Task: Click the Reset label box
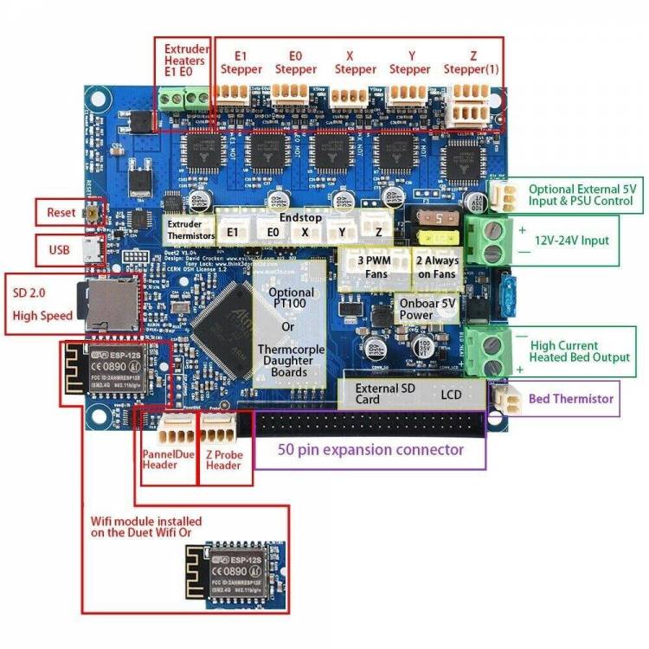click(x=62, y=212)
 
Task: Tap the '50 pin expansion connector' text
click(x=370, y=450)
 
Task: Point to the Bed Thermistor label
click(x=570, y=399)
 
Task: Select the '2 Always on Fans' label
click(x=437, y=267)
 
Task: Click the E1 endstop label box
click(x=232, y=232)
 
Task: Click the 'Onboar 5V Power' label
click(x=426, y=309)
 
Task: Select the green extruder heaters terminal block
click(x=184, y=100)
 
